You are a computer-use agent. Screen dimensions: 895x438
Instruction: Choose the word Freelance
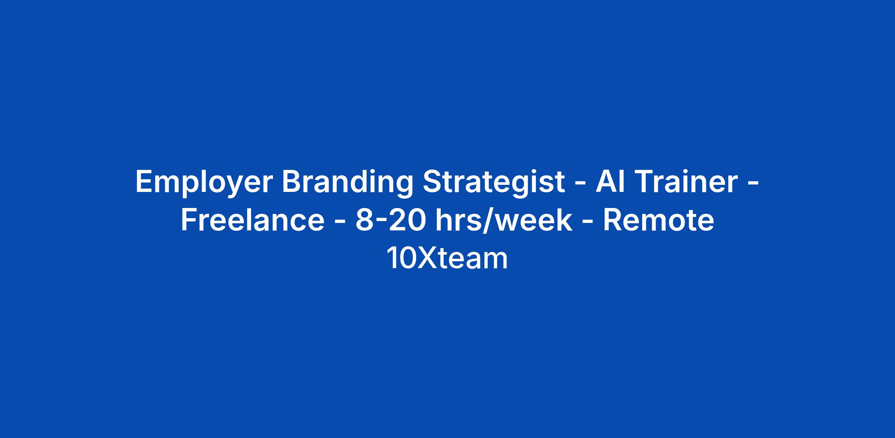coord(253,220)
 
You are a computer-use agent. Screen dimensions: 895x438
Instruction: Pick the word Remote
coord(658,220)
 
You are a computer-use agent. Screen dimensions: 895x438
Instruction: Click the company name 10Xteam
coord(447,258)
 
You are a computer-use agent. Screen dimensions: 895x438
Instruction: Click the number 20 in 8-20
coord(407,220)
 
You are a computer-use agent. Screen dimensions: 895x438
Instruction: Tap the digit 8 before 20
coord(364,220)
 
